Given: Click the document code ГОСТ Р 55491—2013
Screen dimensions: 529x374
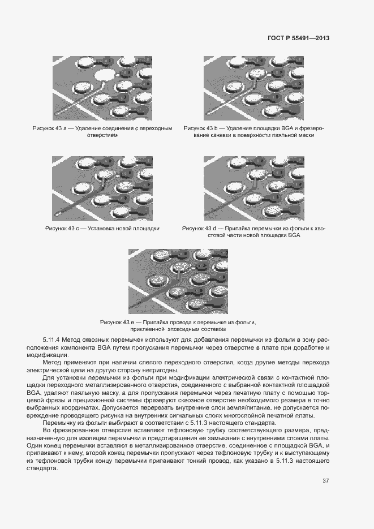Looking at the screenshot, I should click(298, 38).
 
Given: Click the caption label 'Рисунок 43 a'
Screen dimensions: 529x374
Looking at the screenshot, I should click(50, 129).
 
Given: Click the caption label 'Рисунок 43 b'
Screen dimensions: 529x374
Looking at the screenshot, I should click(201, 129).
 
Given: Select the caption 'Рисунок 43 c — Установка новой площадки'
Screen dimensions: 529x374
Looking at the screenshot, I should click(102, 229).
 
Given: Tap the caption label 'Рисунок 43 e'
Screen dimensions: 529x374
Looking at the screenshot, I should click(118, 322).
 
